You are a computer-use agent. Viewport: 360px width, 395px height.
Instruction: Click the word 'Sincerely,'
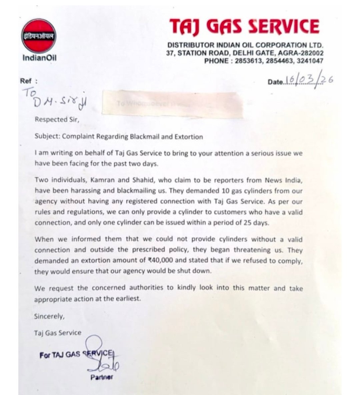pos(49,316)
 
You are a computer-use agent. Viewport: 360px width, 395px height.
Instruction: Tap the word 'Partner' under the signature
pos(102,377)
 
